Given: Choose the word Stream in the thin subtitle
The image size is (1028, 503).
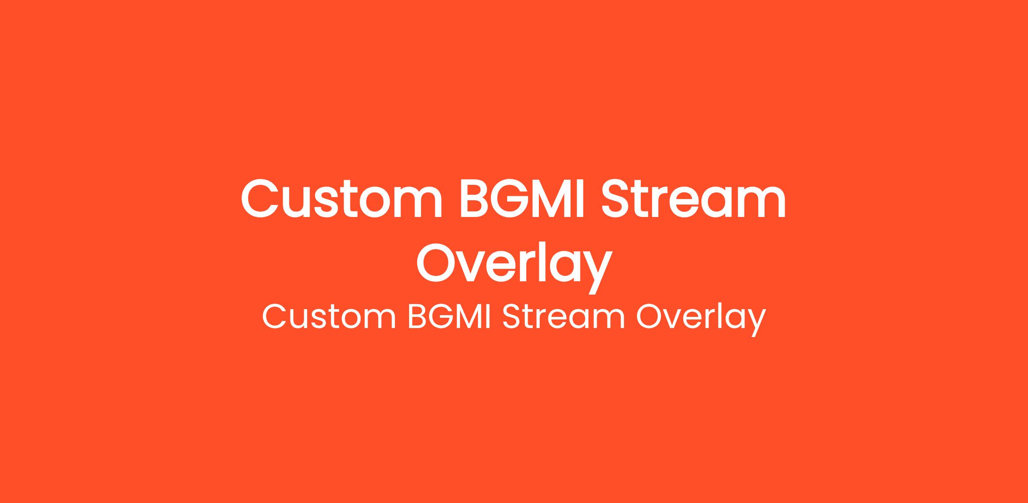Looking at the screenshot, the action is pos(564,317).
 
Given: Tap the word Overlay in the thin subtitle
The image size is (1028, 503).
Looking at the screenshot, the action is pos(701,319).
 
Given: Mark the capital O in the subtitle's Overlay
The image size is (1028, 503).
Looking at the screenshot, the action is pos(651,317).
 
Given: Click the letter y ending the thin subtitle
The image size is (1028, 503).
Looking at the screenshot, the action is pos(754,324).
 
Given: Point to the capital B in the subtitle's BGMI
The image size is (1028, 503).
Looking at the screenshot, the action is pos(418,317).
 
